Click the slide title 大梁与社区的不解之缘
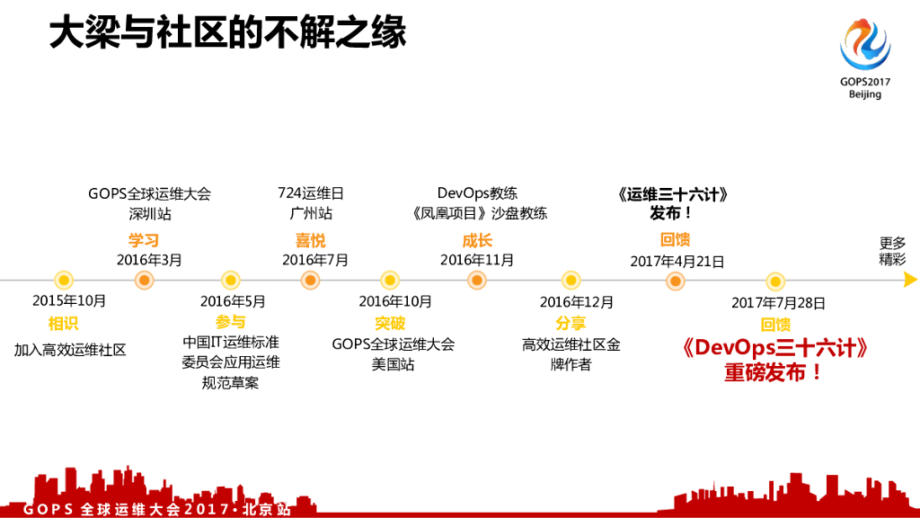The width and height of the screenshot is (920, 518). pyautogui.click(x=227, y=33)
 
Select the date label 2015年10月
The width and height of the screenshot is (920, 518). pyautogui.click(x=69, y=301)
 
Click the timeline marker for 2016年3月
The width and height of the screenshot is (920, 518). pyautogui.click(x=144, y=281)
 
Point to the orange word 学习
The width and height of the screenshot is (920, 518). pyautogui.click(x=144, y=240)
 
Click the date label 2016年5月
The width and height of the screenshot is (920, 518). pyautogui.click(x=233, y=301)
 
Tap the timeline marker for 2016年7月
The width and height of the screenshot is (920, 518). pyautogui.click(x=311, y=281)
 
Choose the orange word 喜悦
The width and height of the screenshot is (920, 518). pyautogui.click(x=311, y=240)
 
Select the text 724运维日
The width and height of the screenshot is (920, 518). pyautogui.click(x=311, y=193)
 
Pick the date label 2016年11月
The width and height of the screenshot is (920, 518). pyautogui.click(x=477, y=260)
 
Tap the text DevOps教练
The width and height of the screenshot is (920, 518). pyautogui.click(x=477, y=193)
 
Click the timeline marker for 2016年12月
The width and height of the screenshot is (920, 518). pyautogui.click(x=571, y=281)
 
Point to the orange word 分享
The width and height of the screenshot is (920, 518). pyautogui.click(x=571, y=323)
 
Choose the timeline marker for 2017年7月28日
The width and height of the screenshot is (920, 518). pyautogui.click(x=775, y=281)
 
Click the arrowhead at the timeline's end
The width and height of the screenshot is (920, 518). pyautogui.click(x=909, y=281)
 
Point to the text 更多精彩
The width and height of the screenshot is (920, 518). pyautogui.click(x=892, y=251)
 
